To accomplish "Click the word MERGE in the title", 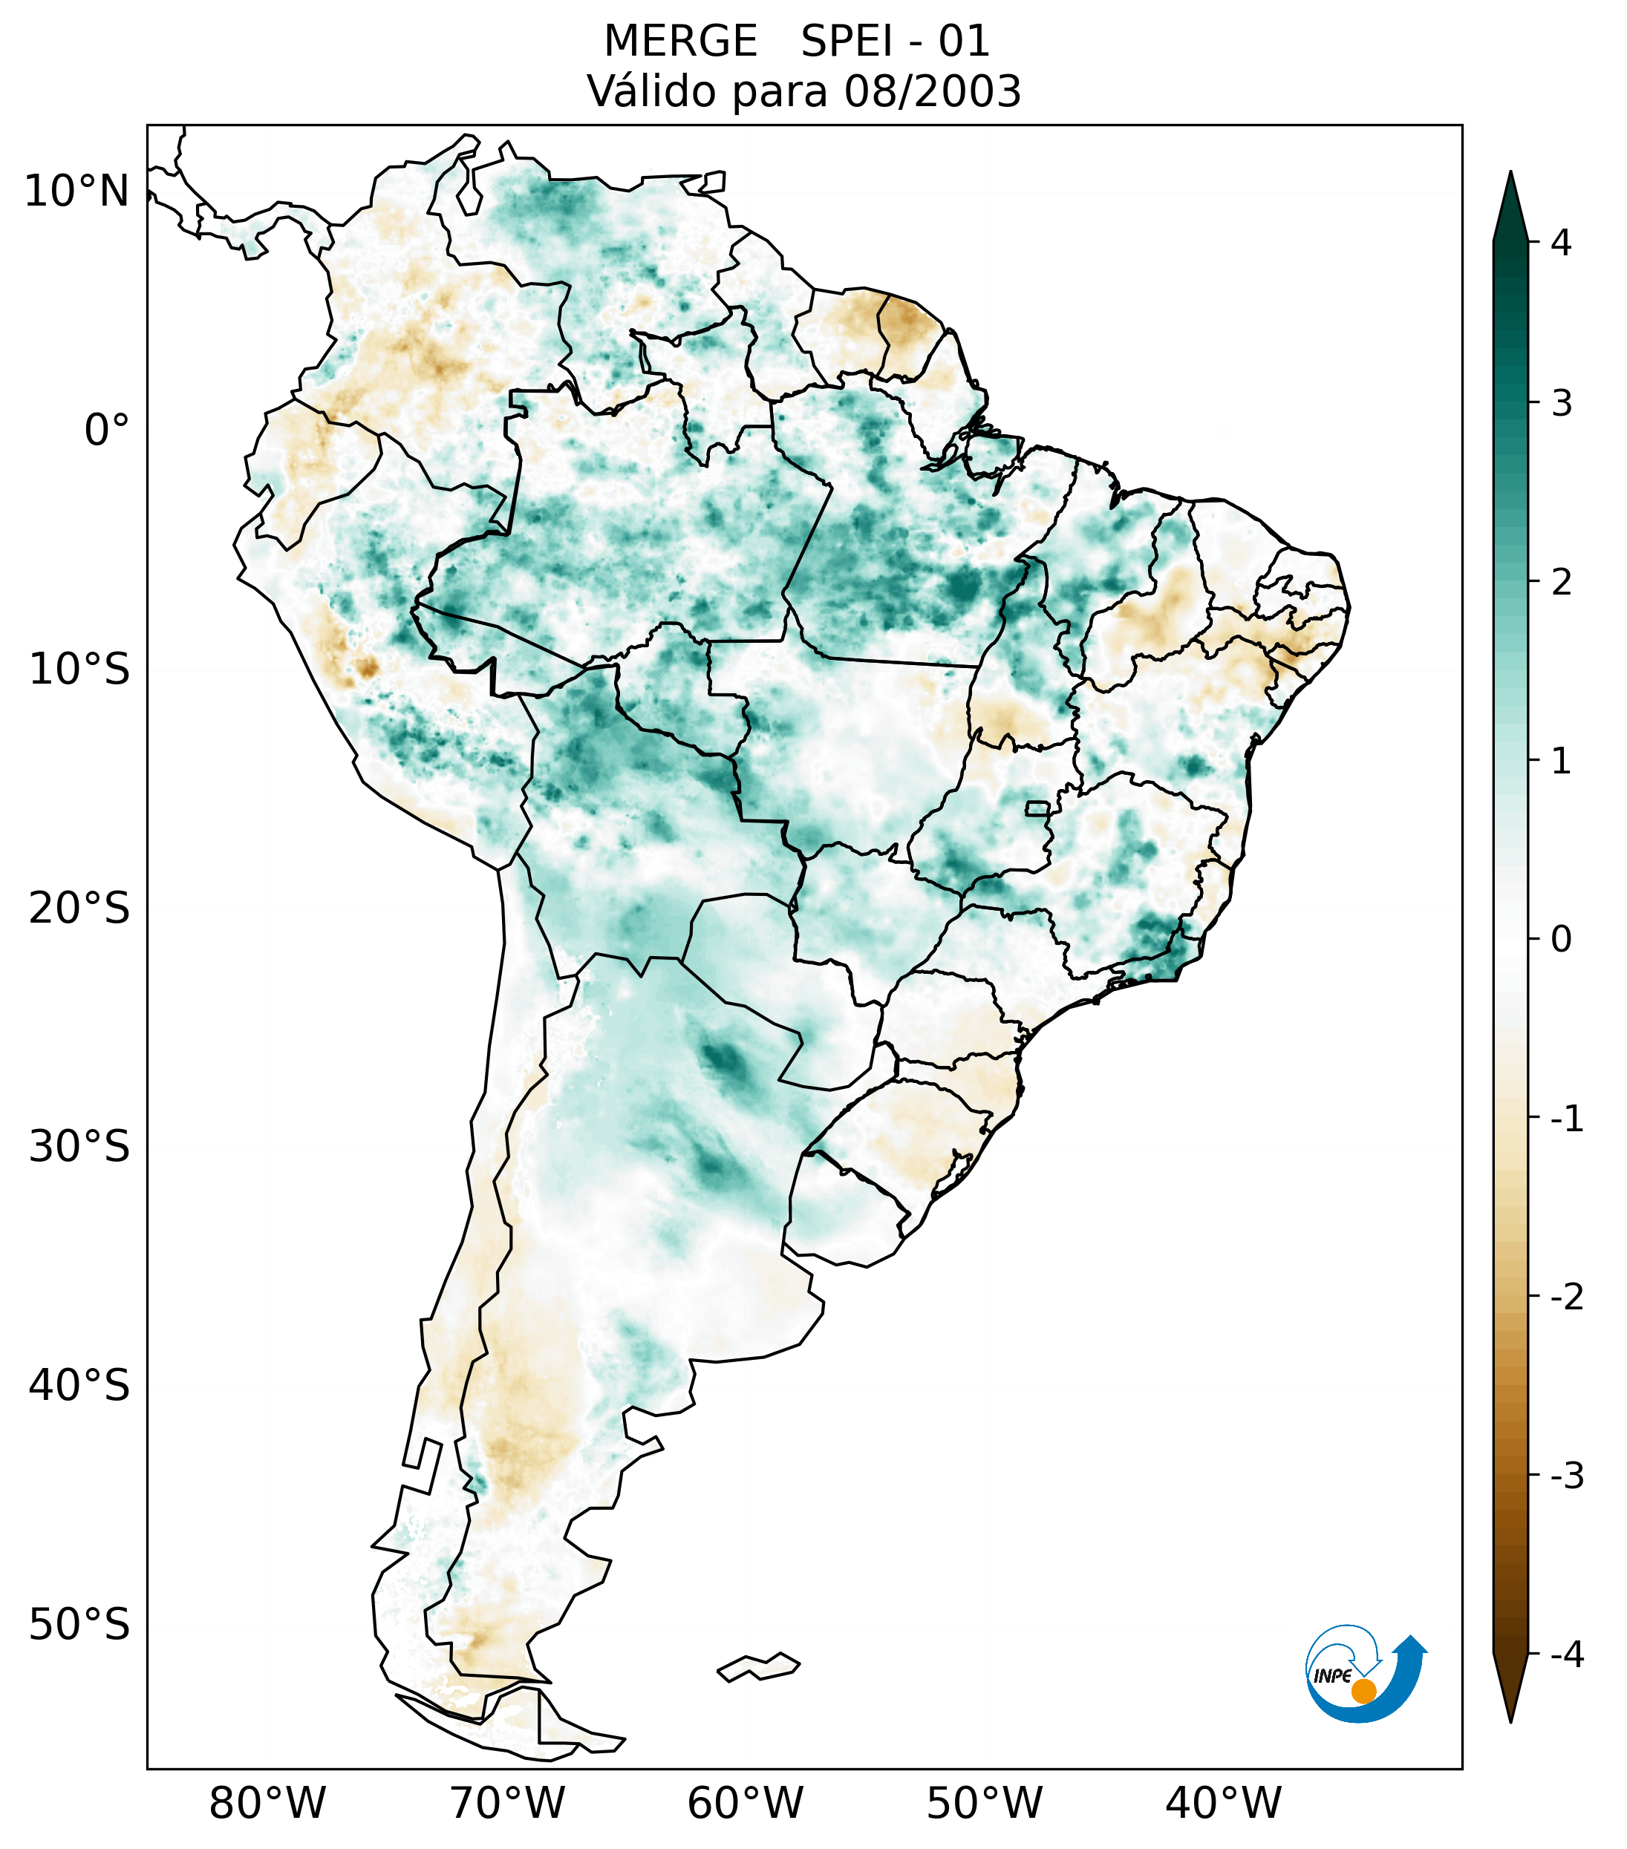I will tap(680, 42).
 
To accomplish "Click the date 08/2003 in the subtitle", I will tap(932, 91).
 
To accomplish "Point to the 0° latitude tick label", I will tap(107, 431).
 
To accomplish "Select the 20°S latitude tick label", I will tap(79, 909).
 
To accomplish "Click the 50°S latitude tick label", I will tap(79, 1626).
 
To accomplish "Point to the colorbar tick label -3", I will tap(1566, 1476).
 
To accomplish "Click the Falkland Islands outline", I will tap(758, 1666).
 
